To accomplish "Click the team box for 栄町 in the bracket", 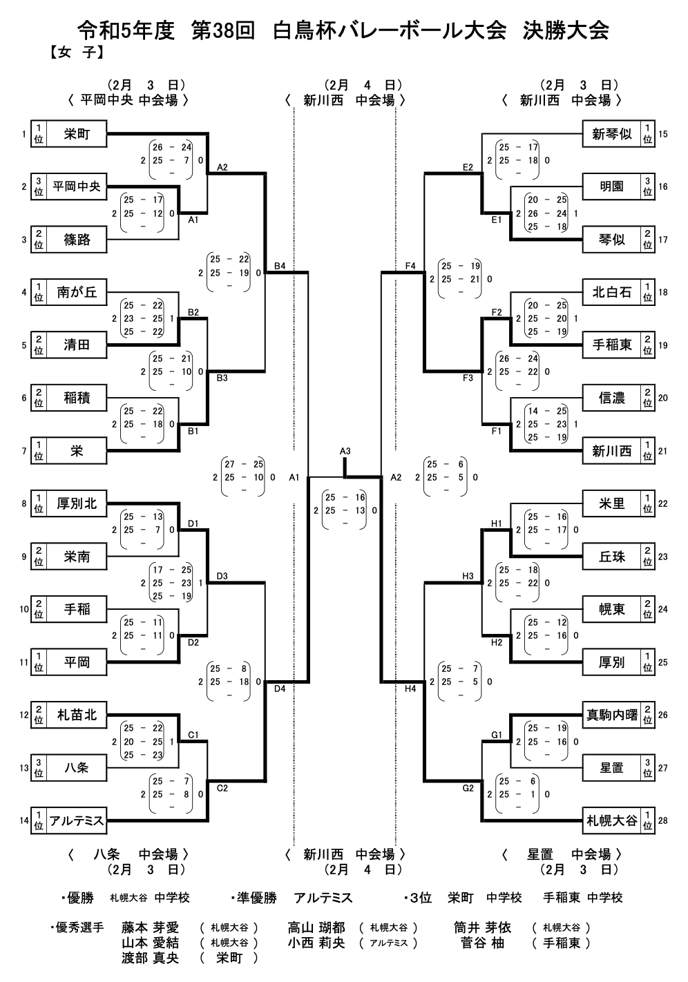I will point(77,134).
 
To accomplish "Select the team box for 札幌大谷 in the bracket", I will point(611,820).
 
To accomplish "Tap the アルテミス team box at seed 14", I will point(77,820).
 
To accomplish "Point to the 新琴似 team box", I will point(611,134).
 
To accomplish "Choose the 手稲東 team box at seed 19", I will point(611,345).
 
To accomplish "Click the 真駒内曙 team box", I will point(611,715).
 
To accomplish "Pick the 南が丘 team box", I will point(77,292).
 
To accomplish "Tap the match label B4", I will point(280,265).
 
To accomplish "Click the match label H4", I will point(410,689).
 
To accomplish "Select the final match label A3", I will point(345,451).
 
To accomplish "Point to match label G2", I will point(468,788).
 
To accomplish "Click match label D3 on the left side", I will point(222,576).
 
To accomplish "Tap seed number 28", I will point(663,820).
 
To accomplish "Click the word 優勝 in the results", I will point(80,898).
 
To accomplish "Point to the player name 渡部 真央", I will point(151,958).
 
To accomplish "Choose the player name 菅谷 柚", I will point(483,943).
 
